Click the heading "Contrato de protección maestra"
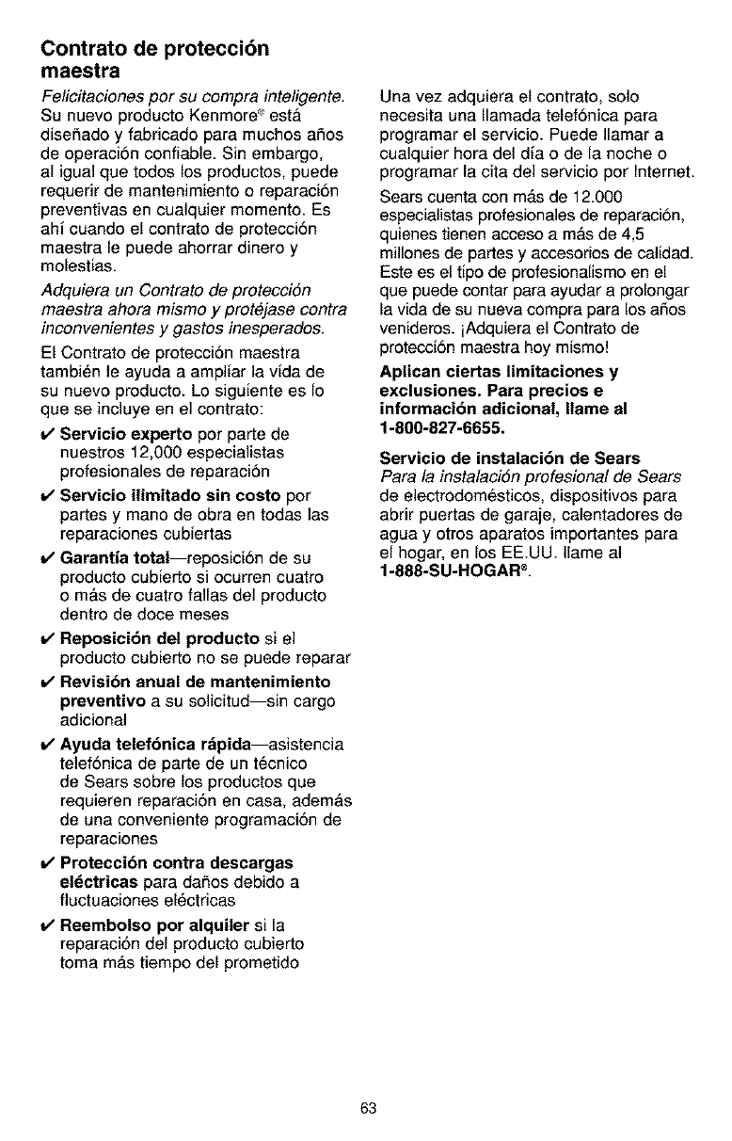pos(154,58)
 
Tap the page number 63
pos(367,1108)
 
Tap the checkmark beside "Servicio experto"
pos(46,435)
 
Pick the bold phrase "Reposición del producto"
pos(159,639)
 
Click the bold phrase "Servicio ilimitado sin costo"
pos(170,495)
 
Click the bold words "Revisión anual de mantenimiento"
pos(195,681)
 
